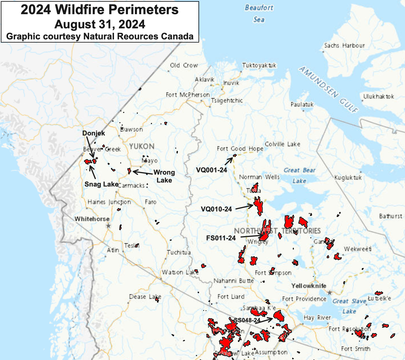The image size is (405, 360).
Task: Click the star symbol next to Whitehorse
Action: click(x=108, y=226)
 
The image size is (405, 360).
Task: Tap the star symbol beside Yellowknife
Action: click(x=330, y=292)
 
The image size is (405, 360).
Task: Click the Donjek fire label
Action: click(x=94, y=133)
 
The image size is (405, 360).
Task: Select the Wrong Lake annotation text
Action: click(x=164, y=176)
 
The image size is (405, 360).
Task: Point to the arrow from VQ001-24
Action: click(x=229, y=161)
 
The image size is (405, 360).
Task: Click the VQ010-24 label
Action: click(x=216, y=209)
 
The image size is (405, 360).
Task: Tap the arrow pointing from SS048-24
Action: click(x=263, y=321)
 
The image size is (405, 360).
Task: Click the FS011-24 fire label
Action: click(x=221, y=238)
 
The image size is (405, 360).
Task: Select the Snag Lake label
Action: click(x=101, y=184)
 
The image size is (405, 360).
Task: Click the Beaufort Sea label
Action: click(x=259, y=13)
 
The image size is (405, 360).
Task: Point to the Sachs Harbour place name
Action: click(x=344, y=46)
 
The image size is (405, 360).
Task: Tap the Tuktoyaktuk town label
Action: click(x=259, y=65)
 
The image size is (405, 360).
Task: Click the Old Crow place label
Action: click(x=184, y=65)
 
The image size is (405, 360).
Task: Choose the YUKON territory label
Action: click(x=142, y=147)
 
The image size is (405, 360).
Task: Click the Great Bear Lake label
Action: click(x=299, y=175)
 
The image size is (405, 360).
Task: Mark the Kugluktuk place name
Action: click(x=348, y=178)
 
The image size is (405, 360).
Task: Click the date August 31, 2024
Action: click(x=100, y=24)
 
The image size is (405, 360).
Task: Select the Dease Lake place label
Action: click(x=145, y=297)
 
